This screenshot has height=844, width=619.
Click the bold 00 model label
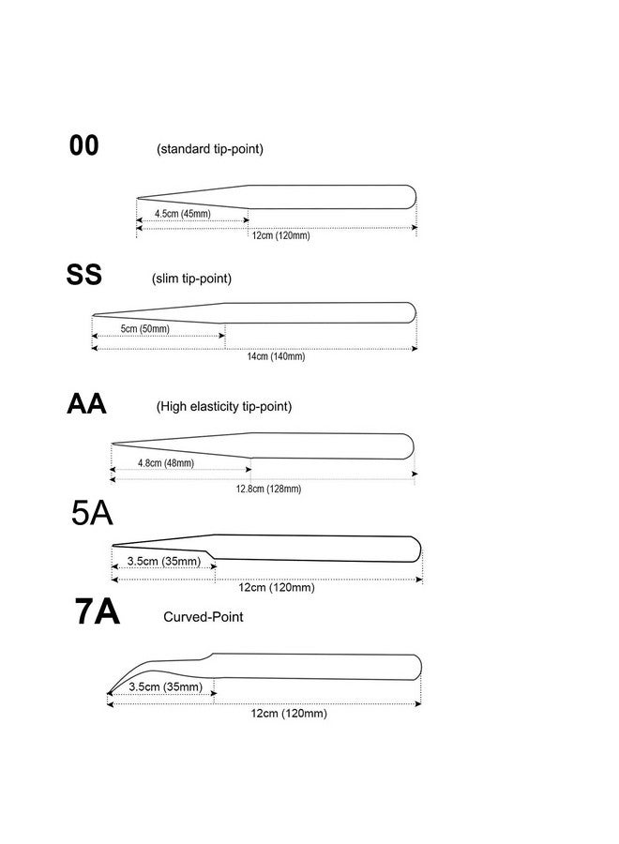pos(84,145)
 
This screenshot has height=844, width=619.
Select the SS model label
pos(84,275)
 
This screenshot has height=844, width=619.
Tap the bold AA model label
pos(86,403)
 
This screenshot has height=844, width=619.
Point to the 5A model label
pos(92,513)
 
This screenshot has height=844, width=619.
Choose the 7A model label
pos(97,612)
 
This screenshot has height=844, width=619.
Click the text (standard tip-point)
pos(210,149)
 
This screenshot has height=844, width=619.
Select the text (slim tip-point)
pos(191,279)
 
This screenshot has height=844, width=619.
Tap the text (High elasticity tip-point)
pos(224,406)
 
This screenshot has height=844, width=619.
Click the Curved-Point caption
pos(204,617)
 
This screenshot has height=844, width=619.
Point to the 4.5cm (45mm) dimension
pos(183,214)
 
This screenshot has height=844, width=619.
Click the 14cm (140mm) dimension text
pos(276,356)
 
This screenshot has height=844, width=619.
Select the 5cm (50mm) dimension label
pos(144,329)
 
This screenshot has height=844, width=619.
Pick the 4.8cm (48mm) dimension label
pos(166,463)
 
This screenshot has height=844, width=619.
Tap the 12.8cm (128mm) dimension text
pos(268,489)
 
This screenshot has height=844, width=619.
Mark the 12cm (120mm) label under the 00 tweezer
pos(281,235)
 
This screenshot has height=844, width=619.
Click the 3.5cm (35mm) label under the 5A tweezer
pos(164,562)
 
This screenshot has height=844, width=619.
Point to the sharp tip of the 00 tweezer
pos(137,199)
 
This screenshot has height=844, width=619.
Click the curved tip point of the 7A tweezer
pos(108,694)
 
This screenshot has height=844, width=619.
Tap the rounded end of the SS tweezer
pos(415,312)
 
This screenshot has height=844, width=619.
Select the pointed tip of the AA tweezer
pos(112,445)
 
